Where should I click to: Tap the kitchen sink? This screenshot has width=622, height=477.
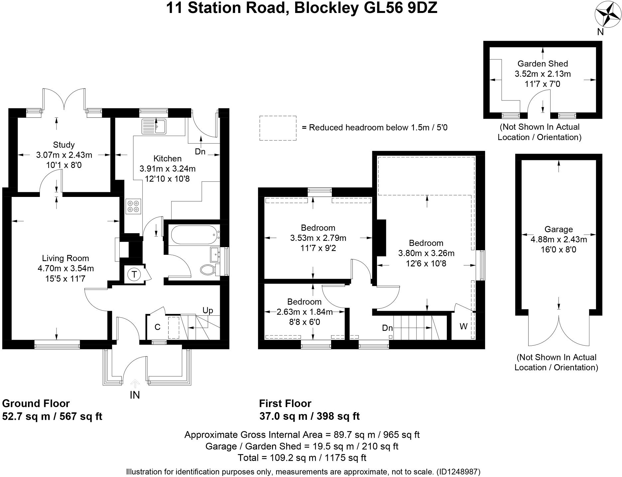pos(154,126)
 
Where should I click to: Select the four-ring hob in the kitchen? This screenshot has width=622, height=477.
pos(133,206)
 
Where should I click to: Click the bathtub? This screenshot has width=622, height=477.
pos(194,235)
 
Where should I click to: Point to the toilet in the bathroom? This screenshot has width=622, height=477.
pos(210,269)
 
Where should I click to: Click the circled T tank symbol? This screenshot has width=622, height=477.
pos(134,274)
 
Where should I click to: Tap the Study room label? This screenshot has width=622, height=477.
pos(64,145)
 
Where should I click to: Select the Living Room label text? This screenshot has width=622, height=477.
pos(65,258)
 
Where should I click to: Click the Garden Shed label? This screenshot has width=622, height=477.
pos(543,64)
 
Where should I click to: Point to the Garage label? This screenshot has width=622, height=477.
pos(559,229)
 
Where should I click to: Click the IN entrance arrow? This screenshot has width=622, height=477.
pos(135,384)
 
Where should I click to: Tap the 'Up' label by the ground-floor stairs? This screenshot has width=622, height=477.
pos(208,310)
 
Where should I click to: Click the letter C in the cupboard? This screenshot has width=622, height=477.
pos(158,327)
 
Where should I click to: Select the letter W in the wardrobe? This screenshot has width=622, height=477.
pos(463,326)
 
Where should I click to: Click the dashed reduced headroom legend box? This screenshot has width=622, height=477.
pos(278,128)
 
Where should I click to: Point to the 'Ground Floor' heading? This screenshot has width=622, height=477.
pos(36,403)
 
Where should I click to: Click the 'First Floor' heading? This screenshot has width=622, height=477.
pos(285,403)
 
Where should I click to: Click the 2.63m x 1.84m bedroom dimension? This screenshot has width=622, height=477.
pos(305,312)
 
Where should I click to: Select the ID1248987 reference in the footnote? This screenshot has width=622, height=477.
pos(459,472)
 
